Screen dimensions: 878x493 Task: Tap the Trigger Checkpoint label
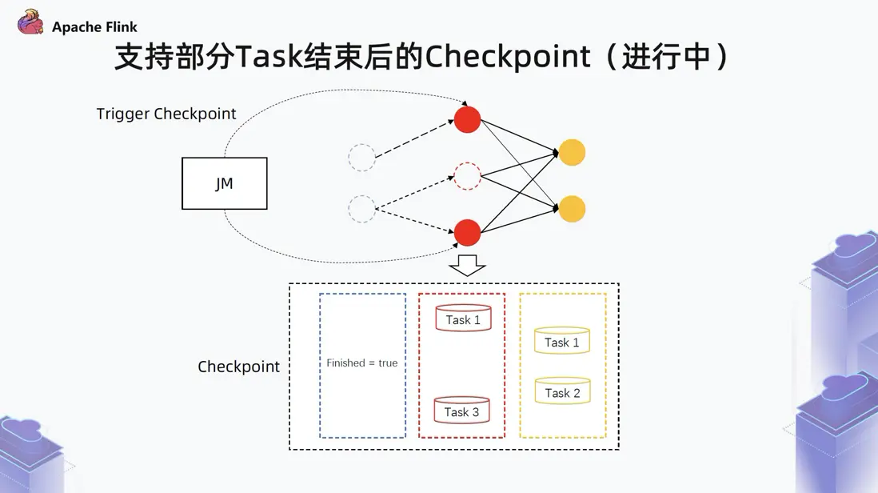166,114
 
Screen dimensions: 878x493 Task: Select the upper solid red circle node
467,119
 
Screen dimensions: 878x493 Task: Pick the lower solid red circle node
467,232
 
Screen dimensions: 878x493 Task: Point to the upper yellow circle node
572,152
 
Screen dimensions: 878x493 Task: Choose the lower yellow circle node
572,209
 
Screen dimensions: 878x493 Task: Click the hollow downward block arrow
467,266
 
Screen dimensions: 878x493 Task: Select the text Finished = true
361,363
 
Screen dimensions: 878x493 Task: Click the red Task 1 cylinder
463,318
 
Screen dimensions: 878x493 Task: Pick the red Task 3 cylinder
462,410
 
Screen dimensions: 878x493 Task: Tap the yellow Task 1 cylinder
562,340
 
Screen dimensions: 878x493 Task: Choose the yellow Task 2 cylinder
563,391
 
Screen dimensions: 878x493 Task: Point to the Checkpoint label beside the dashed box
238,367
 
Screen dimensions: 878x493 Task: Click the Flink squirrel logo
30,22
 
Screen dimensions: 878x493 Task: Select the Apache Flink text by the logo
94,27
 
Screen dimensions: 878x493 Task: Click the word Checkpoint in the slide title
508,57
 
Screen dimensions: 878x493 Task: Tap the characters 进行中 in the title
666,57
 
